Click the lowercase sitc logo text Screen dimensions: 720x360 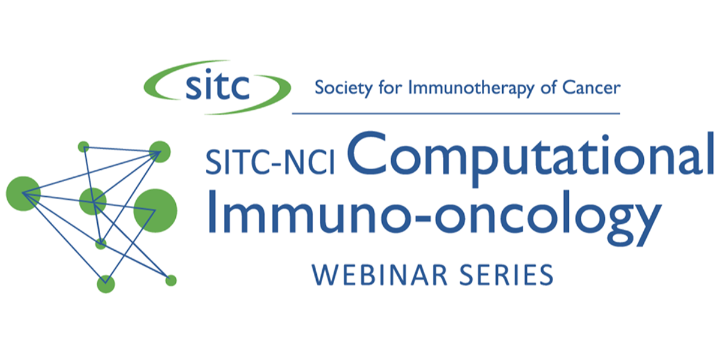pyautogui.click(x=218, y=85)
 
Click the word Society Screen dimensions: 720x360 pyautogui.click(x=344, y=88)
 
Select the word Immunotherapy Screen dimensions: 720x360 pyautogui.click(x=471, y=88)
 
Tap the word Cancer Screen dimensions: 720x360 pyautogui.click(x=592, y=88)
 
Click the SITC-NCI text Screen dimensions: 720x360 pyautogui.click(x=270, y=163)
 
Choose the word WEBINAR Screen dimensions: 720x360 pyautogui.click(x=380, y=275)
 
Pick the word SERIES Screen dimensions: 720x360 pyautogui.click(x=506, y=275)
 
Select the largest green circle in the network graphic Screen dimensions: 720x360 pyautogui.click(x=155, y=211)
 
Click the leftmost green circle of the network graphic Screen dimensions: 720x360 pyautogui.click(x=23, y=193)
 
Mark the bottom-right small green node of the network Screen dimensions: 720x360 pyautogui.click(x=171, y=281)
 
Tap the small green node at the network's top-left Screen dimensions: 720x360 pyautogui.click(x=83, y=147)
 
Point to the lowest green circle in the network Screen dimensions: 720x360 pyautogui.click(x=106, y=284)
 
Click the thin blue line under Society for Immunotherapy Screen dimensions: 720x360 pyautogui.click(x=456, y=113)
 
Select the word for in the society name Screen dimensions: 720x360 pyautogui.click(x=390, y=88)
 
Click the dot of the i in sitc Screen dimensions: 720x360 pyautogui.click(x=208, y=71)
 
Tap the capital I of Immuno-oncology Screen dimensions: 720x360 pyautogui.click(x=212, y=211)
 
